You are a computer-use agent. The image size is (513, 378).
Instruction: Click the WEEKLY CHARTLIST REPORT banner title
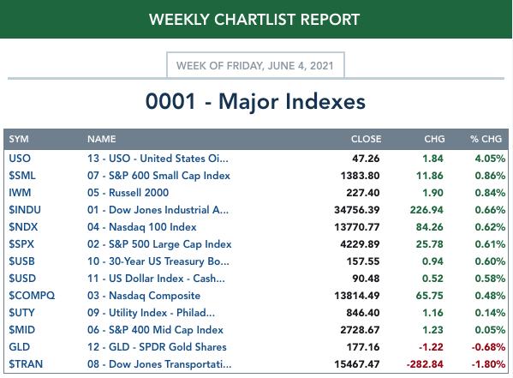[254, 20]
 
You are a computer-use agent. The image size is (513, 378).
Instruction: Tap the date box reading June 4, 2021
[255, 65]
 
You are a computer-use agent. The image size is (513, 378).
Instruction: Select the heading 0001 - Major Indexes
[255, 101]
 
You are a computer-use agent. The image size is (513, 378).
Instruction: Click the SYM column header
[19, 139]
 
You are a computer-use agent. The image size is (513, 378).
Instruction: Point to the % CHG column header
[486, 139]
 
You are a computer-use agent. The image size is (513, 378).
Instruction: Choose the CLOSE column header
[366, 139]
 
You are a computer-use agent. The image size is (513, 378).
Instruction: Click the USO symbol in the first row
[20, 159]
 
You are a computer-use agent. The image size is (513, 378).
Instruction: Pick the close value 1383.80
[360, 176]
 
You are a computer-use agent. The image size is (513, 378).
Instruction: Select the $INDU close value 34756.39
[356, 210]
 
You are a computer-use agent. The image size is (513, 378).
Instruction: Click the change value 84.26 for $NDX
[430, 227]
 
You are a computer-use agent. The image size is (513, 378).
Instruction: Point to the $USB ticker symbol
[21, 261]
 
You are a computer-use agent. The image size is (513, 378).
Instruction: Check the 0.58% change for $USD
[490, 279]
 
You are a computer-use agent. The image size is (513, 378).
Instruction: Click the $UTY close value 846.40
[363, 313]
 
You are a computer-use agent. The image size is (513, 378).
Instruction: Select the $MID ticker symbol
[21, 330]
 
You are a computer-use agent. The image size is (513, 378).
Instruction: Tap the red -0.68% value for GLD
[488, 347]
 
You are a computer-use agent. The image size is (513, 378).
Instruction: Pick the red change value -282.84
[425, 364]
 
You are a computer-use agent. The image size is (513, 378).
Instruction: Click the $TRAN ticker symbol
[26, 364]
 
